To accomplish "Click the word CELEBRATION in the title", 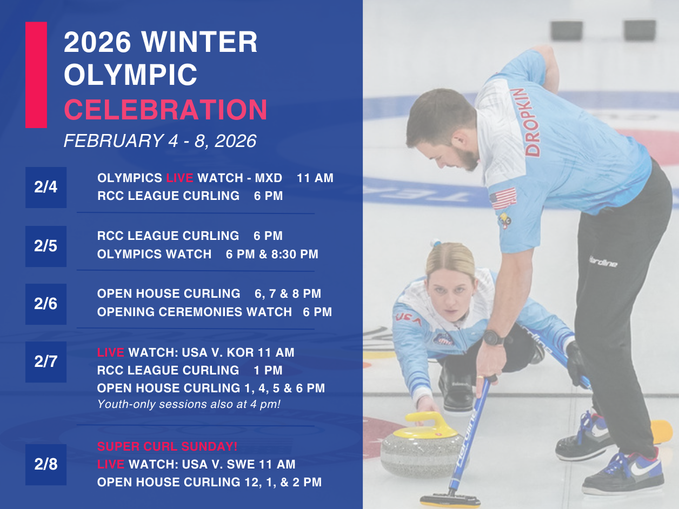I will (x=165, y=110).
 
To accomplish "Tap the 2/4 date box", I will (x=46, y=187).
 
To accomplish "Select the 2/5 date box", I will (x=46, y=246).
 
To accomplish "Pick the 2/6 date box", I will (x=46, y=304).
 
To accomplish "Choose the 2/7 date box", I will (x=46, y=362).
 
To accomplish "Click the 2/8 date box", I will (x=46, y=465).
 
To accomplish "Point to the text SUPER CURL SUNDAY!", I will (x=167, y=447).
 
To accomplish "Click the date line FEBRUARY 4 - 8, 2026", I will (x=159, y=141).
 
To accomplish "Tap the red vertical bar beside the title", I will (x=36, y=75).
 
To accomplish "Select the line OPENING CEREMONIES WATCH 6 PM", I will (x=214, y=312).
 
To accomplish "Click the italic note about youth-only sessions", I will (x=189, y=404).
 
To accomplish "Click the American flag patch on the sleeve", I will (x=503, y=198).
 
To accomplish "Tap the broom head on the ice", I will (x=449, y=500).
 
